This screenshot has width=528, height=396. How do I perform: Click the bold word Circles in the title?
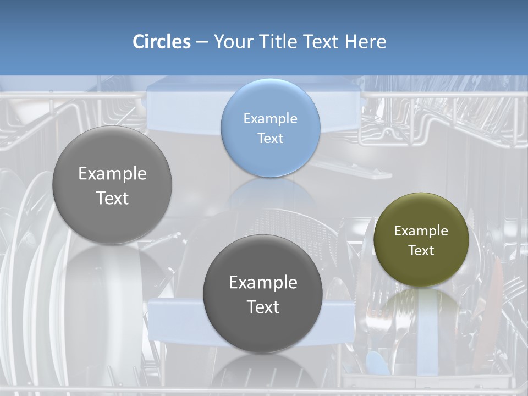tap(162, 42)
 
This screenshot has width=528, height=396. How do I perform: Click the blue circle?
tap(270, 128)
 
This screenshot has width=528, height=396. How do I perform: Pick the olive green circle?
tap(421, 240)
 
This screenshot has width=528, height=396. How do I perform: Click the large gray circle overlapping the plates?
tap(112, 185)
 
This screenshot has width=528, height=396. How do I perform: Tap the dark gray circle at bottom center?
tap(262, 294)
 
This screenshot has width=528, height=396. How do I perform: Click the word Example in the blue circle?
tap(270, 118)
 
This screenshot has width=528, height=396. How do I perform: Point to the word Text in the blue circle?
tap(270, 138)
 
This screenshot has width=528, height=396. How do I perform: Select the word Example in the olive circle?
tap(421, 230)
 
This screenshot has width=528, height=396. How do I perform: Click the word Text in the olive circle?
tap(421, 250)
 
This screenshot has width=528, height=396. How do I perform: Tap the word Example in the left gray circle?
tap(112, 173)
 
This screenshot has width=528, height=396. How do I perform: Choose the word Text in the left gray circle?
tap(112, 198)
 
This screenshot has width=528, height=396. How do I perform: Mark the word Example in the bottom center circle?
tap(263, 282)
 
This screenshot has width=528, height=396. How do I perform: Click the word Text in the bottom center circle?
tap(263, 307)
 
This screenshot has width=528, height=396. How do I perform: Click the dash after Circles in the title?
tap(202, 42)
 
